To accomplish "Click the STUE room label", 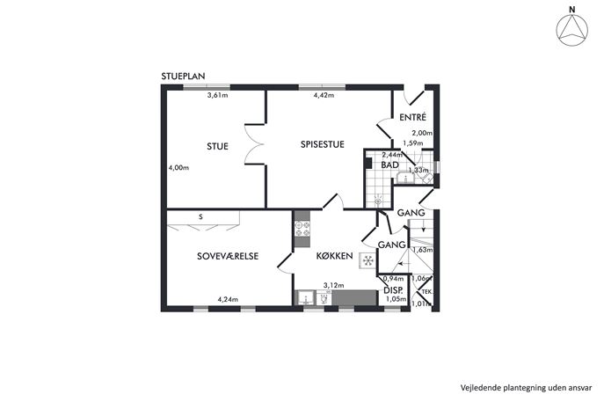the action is click(218, 147).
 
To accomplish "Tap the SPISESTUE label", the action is click(323, 144).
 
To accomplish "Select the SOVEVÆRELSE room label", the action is click(228, 256).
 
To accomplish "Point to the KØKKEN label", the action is click(334, 256).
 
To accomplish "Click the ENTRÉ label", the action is click(412, 117).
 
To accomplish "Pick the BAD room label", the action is click(389, 165).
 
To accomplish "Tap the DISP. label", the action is click(393, 290).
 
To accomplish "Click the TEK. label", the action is click(426, 292).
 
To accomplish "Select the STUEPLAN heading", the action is click(183, 77).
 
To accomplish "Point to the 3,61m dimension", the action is click(218, 95).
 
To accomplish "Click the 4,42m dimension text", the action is click(324, 95).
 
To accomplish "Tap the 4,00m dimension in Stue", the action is click(178, 168).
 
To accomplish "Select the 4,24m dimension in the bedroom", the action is click(228, 299).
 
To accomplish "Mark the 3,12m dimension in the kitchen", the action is click(333, 286).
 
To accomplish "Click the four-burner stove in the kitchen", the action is click(302, 229).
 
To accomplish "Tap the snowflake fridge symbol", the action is click(368, 261).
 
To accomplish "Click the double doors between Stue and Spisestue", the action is click(255, 145).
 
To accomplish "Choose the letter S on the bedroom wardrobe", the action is click(200, 217).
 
